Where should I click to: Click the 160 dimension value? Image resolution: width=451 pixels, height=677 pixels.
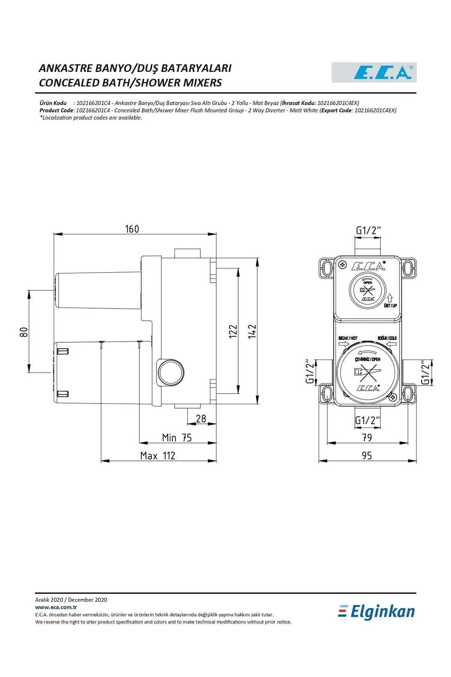tap(132, 229)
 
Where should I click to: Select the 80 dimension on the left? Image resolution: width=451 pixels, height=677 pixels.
tap(24, 332)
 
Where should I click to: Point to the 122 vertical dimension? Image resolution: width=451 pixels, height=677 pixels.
tap(233, 331)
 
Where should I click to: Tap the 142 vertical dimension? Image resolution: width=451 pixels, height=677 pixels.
tap(252, 331)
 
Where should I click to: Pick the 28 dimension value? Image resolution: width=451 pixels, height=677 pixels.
tap(201, 419)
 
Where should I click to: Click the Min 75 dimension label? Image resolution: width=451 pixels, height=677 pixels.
tap(177, 438)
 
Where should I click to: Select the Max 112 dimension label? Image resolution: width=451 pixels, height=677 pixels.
tap(158, 456)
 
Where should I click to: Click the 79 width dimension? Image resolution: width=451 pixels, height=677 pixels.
tap(367, 437)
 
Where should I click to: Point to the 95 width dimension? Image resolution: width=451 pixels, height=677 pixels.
tap(367, 455)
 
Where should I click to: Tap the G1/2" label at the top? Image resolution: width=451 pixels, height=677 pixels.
tap(368, 230)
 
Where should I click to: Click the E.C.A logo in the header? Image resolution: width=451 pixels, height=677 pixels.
tap(374, 73)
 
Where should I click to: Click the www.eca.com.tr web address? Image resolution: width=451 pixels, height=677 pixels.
tap(56, 607)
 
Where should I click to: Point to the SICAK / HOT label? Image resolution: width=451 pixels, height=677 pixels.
tap(348, 338)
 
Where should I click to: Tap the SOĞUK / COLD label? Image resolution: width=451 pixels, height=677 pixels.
tap(387, 338)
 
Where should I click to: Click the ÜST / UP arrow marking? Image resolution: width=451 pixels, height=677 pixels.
tap(390, 301)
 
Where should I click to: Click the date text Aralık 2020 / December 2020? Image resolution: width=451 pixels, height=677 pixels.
tap(71, 600)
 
